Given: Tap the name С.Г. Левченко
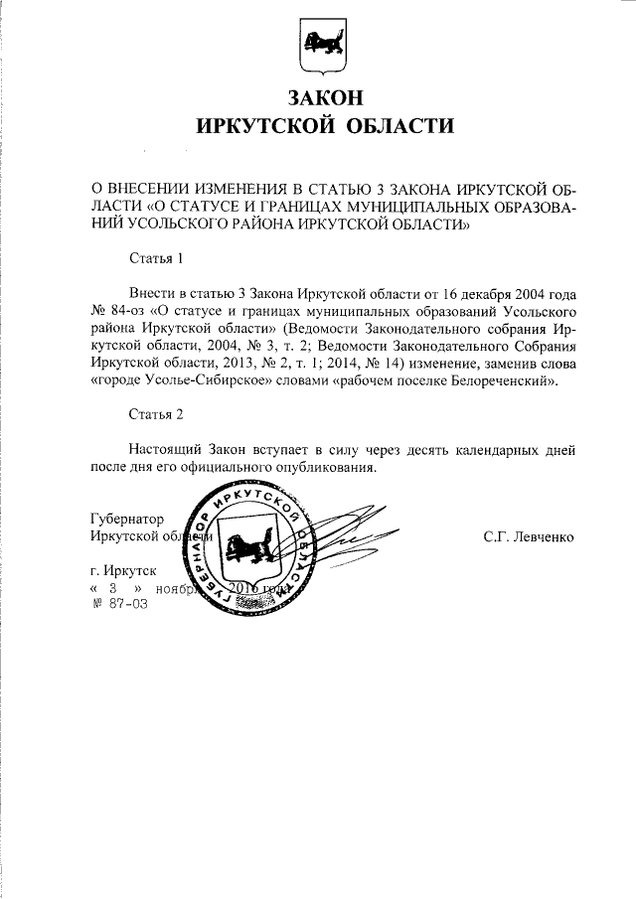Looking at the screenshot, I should point(529,536).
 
